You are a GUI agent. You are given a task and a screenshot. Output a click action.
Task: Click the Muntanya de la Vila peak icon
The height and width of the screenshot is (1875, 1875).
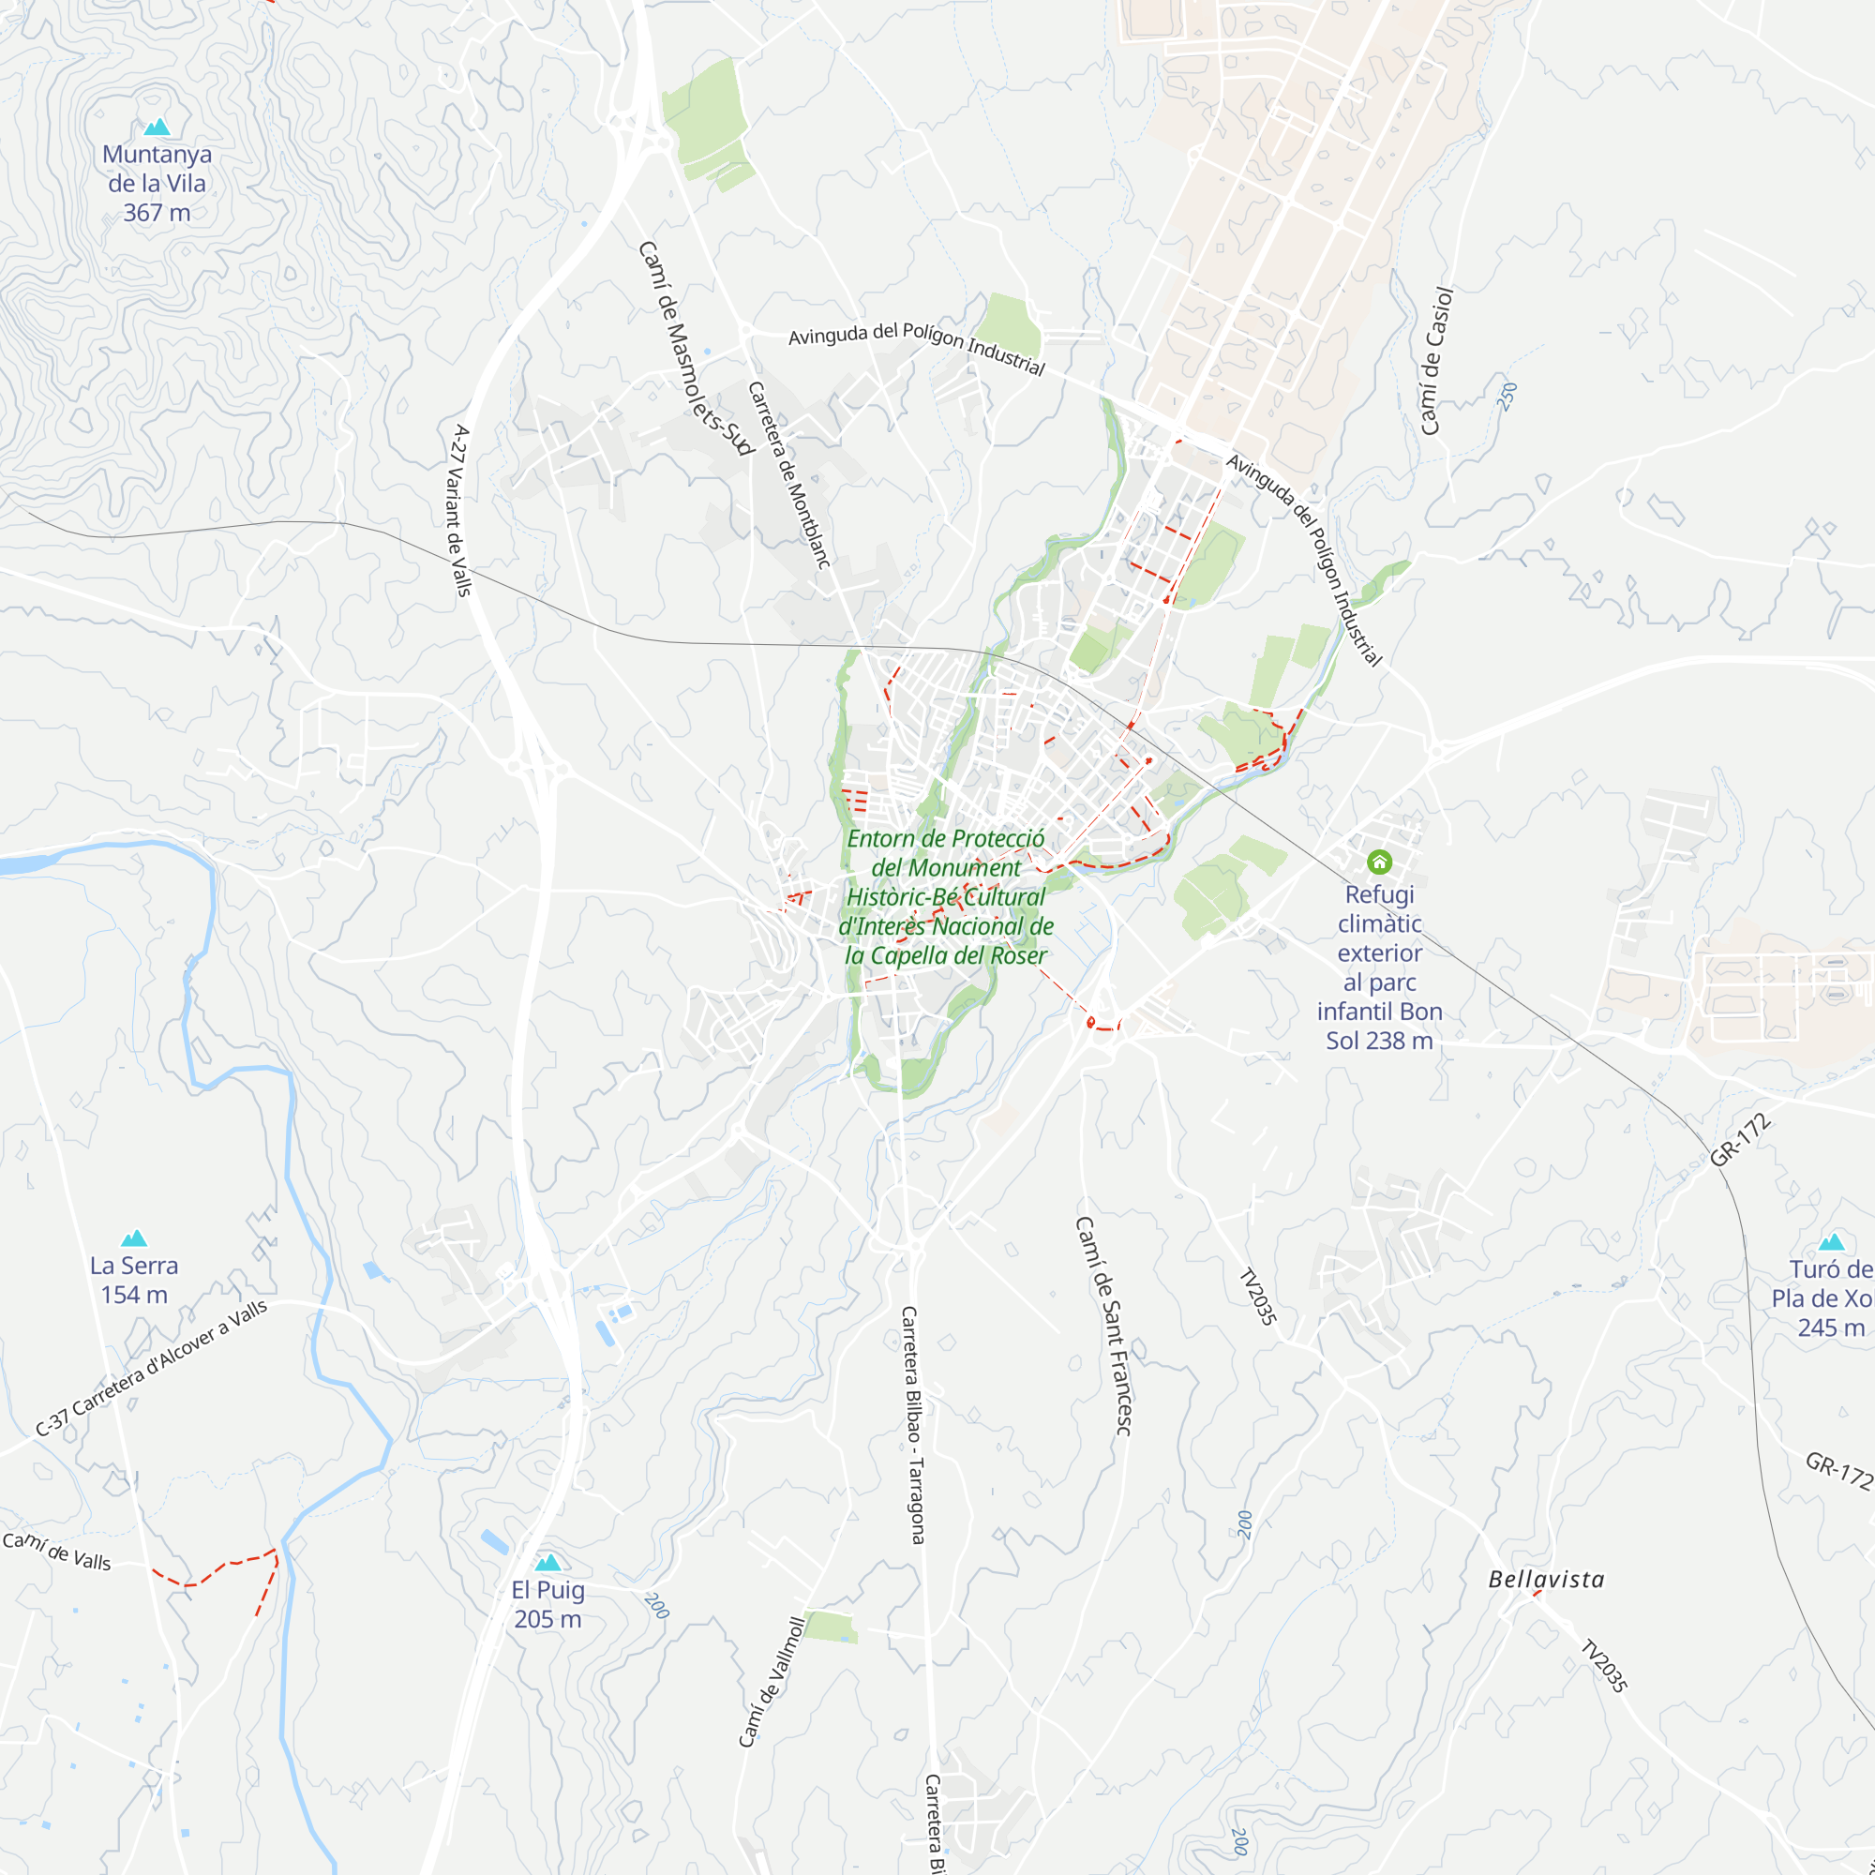click(157, 127)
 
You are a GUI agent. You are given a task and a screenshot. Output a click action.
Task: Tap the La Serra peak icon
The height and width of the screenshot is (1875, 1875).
click(134, 1238)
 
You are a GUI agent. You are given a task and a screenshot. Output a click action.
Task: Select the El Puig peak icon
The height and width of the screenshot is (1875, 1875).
click(548, 1563)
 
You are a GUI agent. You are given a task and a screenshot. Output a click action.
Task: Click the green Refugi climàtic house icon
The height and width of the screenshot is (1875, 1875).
click(1379, 862)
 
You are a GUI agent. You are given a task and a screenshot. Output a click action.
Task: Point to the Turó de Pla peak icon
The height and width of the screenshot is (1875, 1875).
click(1831, 1242)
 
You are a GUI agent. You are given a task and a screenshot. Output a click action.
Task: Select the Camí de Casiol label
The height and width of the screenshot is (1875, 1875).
click(1436, 361)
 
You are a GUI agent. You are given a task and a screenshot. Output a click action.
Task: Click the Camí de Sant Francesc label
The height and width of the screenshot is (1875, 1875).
click(1103, 1327)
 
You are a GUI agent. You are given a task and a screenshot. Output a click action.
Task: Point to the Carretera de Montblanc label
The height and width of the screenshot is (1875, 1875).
click(789, 474)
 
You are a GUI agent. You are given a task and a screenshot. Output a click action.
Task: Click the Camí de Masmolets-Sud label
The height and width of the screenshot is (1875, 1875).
click(695, 349)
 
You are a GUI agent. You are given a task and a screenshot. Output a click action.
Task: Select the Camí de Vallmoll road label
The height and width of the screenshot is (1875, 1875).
click(772, 1682)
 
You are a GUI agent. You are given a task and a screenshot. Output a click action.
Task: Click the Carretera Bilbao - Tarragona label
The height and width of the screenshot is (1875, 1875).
click(912, 1425)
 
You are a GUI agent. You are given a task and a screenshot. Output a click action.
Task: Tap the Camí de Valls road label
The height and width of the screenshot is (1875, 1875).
click(56, 1551)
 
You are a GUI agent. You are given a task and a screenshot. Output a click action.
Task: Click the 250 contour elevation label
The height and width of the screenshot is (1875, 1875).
click(1507, 397)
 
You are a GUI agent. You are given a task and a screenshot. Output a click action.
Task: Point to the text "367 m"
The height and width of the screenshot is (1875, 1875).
click(157, 213)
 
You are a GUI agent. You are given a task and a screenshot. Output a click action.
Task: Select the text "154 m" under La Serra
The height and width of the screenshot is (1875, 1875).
click(134, 1295)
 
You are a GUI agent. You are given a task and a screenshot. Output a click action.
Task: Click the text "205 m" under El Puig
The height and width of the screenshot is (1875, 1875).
click(548, 1619)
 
